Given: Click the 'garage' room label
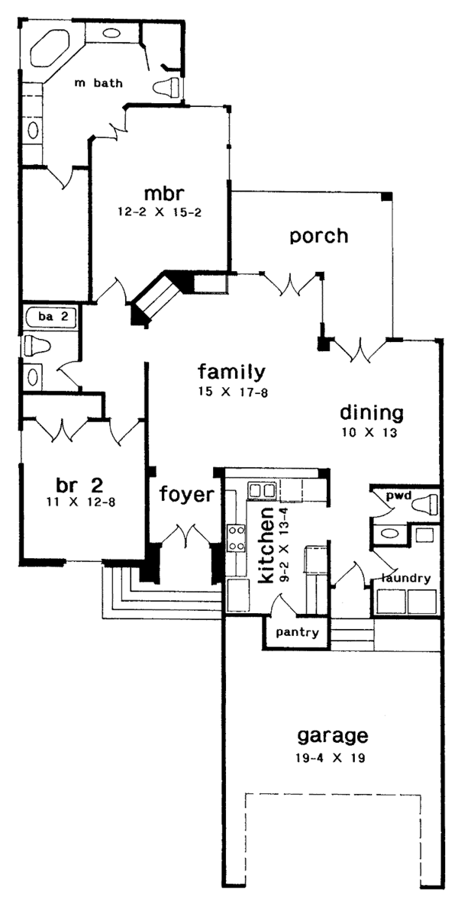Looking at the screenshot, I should click(332, 736).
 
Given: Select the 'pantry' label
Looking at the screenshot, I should click(297, 633).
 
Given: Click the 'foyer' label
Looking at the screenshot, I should click(186, 494).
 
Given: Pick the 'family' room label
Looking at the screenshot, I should click(231, 373).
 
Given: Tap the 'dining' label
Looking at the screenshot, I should click(371, 413).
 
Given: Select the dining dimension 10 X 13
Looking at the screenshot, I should click(371, 433).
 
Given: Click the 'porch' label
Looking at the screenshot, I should click(318, 236).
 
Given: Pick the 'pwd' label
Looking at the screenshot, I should click(398, 496).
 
